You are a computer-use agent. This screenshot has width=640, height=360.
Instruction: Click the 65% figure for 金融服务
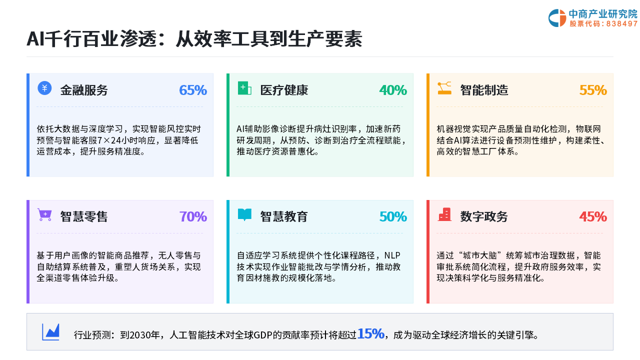[193, 90]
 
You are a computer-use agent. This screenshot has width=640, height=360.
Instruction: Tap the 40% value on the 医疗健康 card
[393, 90]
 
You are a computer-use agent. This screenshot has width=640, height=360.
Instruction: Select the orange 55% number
[593, 90]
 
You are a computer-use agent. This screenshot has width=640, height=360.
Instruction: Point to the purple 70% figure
[193, 216]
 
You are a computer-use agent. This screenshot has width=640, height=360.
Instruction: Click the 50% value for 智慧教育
[393, 216]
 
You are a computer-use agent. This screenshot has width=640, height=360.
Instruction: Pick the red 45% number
[593, 216]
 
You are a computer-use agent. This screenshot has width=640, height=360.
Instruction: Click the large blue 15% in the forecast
[370, 333]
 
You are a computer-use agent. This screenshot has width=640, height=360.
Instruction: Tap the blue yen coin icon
[44, 88]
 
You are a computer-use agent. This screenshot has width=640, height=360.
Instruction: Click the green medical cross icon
[244, 88]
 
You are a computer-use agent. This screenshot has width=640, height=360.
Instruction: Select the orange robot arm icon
[444, 88]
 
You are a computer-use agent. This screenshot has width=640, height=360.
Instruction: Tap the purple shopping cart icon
[44, 215]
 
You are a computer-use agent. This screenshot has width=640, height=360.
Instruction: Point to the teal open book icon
[244, 215]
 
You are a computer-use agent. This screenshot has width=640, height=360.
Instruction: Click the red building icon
[444, 214]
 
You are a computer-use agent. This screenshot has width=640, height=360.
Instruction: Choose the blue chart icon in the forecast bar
[50, 332]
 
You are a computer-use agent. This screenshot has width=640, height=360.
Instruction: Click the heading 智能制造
[484, 90]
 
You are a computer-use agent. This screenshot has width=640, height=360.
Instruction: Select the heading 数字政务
[484, 216]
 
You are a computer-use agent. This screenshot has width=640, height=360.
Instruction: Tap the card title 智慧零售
[84, 216]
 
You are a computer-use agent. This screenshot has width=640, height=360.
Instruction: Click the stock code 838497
[621, 23]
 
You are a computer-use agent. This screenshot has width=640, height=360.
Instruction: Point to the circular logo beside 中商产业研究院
[557, 18]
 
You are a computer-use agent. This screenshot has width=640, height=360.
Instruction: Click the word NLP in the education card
[392, 255]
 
